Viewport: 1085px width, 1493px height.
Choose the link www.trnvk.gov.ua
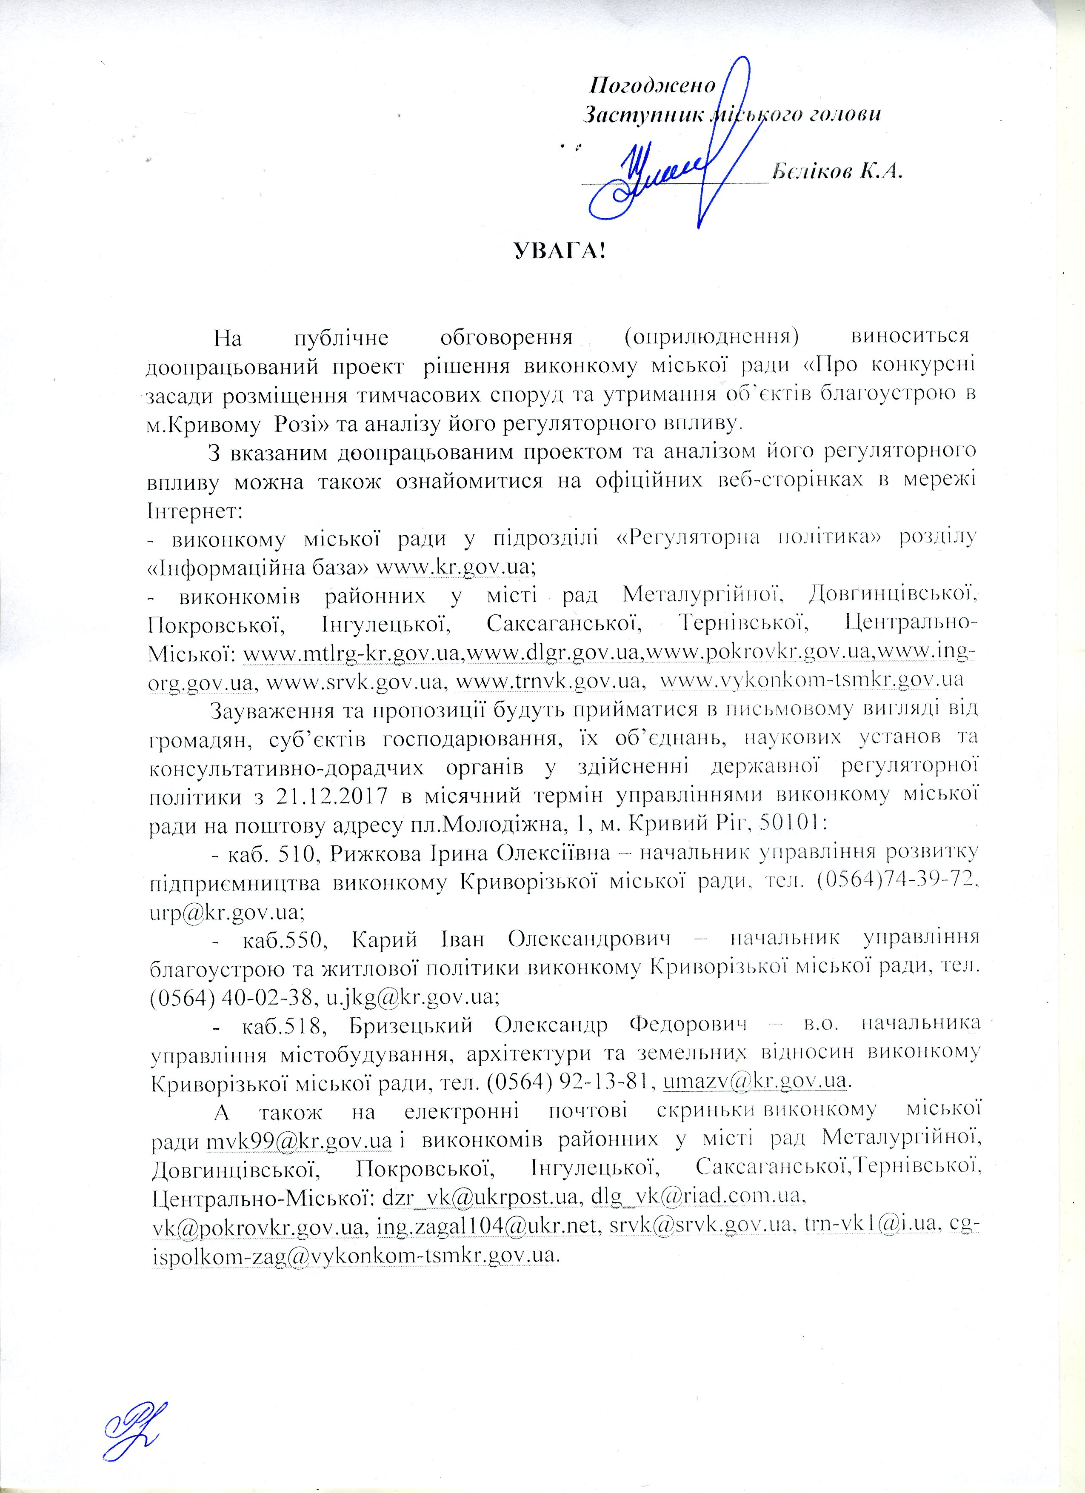(x=549, y=681)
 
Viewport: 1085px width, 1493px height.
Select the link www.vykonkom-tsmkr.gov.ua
(x=812, y=681)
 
